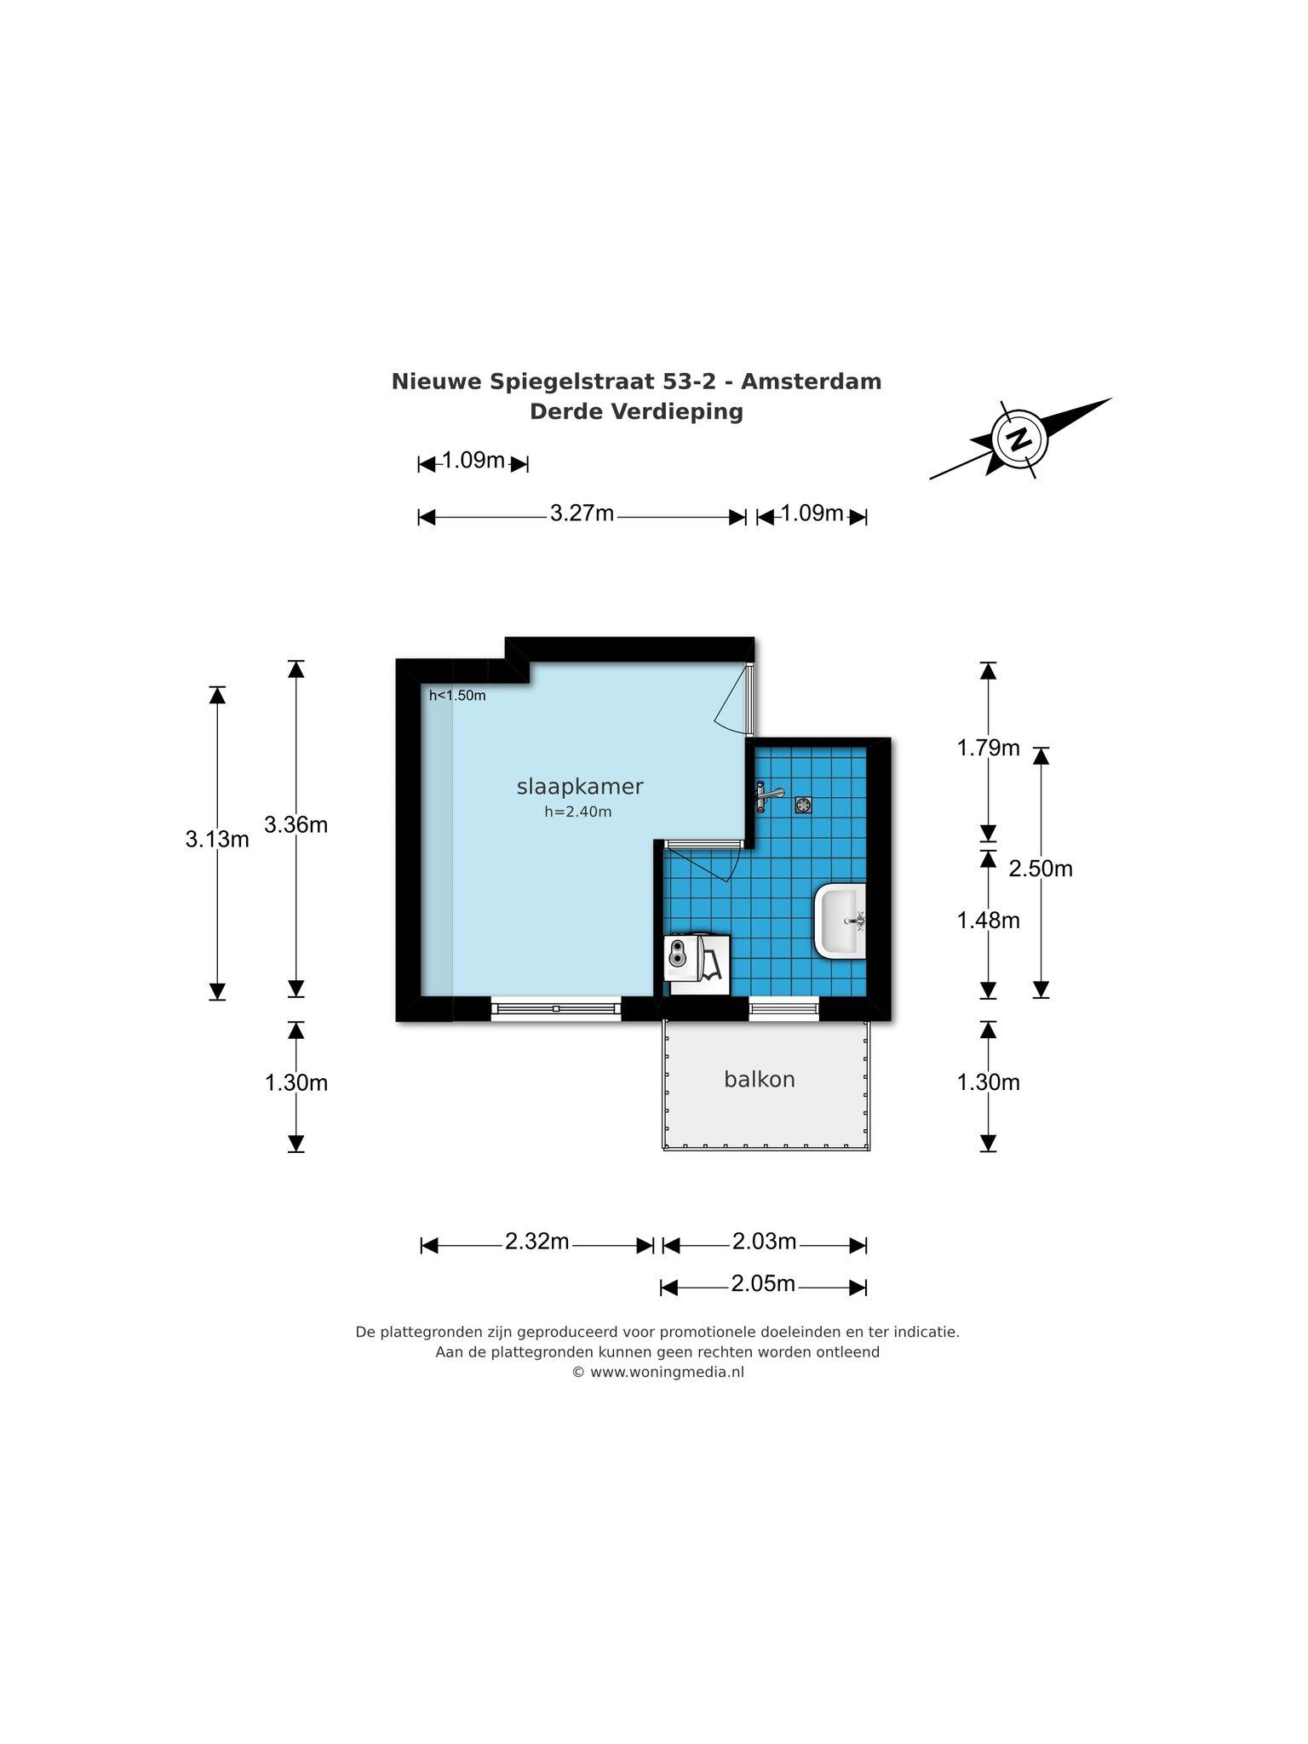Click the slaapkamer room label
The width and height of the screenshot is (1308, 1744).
click(580, 787)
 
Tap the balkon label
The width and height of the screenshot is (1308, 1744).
click(760, 1079)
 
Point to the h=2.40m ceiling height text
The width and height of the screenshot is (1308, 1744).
click(578, 812)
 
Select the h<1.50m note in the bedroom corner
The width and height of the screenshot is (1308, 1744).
click(457, 695)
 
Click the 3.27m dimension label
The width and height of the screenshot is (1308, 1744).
click(582, 513)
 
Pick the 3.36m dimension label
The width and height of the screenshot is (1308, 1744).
click(296, 824)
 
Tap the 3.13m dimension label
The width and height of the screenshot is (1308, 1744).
click(217, 839)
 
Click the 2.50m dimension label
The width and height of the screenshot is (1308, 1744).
click(1041, 868)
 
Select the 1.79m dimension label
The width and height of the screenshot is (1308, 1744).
click(988, 748)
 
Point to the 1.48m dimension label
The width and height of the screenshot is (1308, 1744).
click(988, 920)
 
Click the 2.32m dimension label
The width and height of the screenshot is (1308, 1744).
click(537, 1241)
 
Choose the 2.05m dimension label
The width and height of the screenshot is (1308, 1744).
click(763, 1282)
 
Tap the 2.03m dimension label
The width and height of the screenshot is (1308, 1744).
click(765, 1241)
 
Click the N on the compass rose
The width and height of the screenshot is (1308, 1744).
click(1018, 439)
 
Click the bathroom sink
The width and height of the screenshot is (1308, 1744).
click(840, 921)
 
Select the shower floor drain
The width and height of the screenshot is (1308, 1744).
click(804, 804)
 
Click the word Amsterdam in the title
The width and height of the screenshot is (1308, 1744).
click(811, 381)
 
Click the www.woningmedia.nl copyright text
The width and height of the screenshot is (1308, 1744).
click(658, 1372)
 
